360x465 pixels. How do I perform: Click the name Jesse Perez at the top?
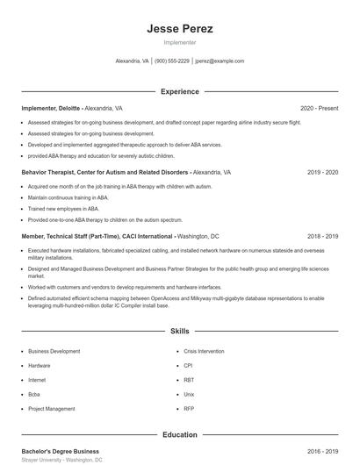(x=179, y=29)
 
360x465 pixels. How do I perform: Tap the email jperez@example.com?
(x=220, y=61)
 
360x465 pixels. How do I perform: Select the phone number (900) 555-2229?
(x=172, y=61)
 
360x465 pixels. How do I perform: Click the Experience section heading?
(x=179, y=91)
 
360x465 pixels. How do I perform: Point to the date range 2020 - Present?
(x=319, y=108)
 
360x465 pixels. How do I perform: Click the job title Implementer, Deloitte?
(x=50, y=108)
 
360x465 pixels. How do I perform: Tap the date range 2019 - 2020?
(x=322, y=173)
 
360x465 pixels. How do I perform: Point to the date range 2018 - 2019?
(x=322, y=237)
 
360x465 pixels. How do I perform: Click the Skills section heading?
(x=179, y=332)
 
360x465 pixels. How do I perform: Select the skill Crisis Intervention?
(x=204, y=351)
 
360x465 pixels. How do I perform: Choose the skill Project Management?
(x=51, y=409)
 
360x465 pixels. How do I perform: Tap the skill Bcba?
(x=35, y=394)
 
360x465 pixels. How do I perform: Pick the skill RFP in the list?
(x=189, y=409)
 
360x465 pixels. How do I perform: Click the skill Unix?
(x=189, y=394)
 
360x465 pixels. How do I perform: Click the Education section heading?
(x=179, y=434)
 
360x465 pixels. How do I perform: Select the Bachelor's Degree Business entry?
(x=61, y=451)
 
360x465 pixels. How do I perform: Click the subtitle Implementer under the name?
(x=179, y=42)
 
